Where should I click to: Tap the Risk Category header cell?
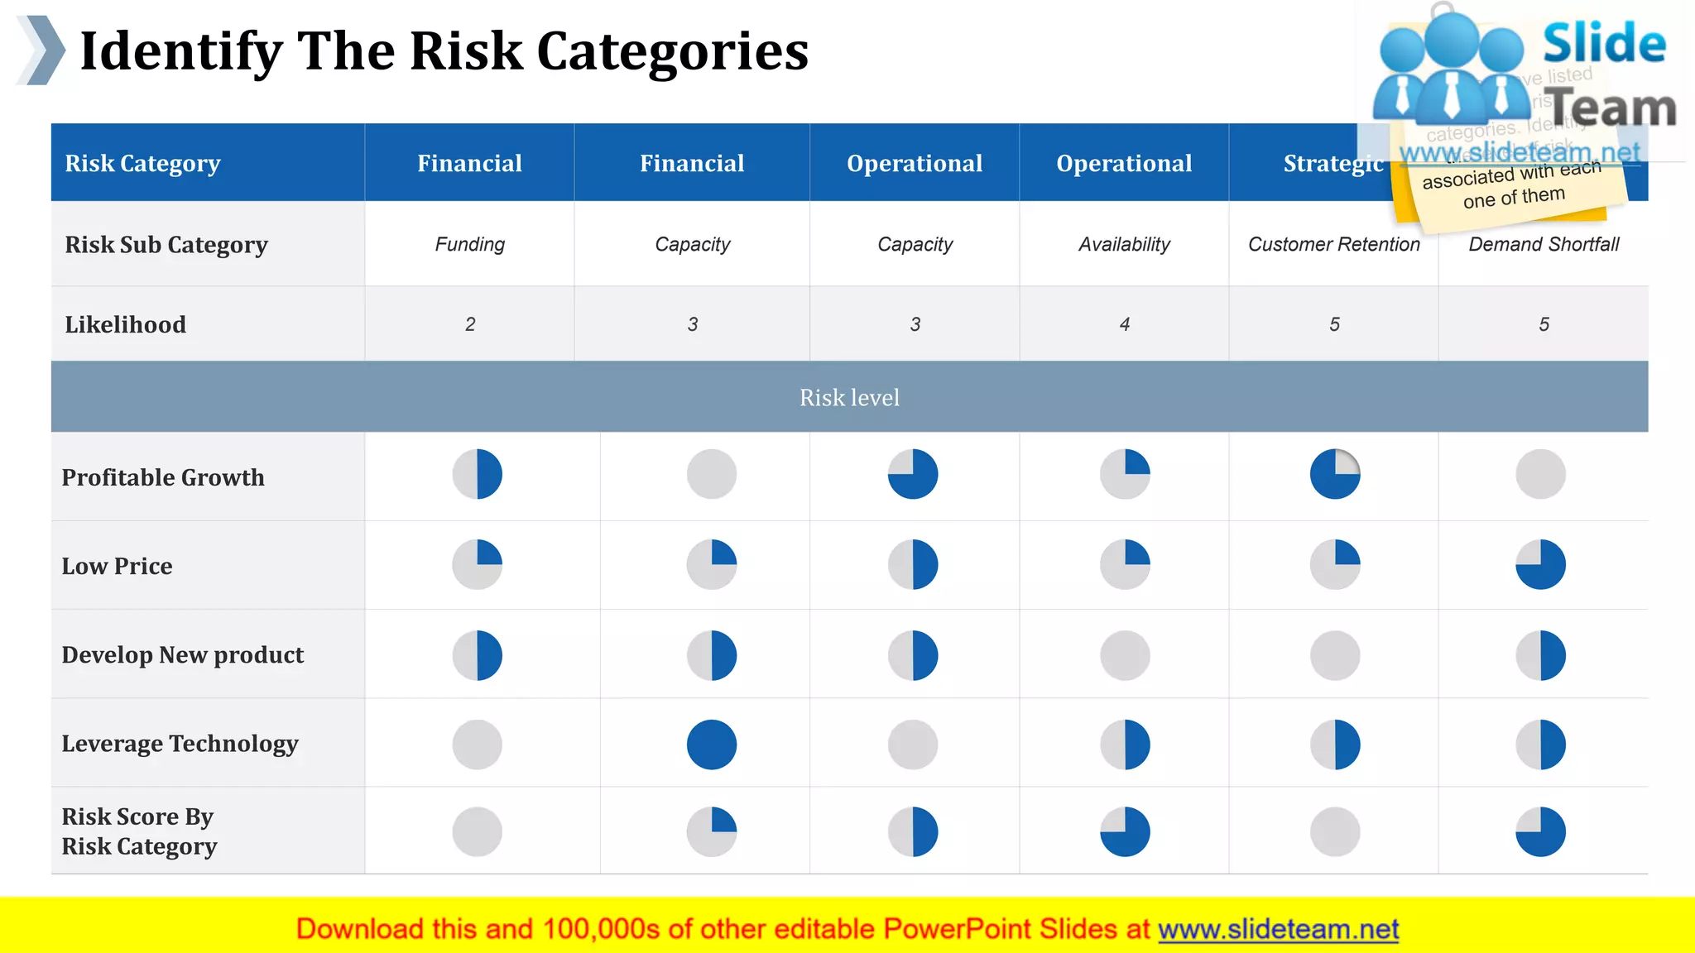[142, 163]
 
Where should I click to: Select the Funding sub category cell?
[469, 244]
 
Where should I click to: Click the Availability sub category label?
[1124, 244]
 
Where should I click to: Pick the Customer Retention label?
[1333, 244]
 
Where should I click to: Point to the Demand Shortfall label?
[1544, 244]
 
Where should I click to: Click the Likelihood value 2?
[470, 324]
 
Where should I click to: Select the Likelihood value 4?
[1124, 324]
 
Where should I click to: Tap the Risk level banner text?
[849, 398]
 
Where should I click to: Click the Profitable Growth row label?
[163, 477]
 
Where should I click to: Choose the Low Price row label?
[117, 566]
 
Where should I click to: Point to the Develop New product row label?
[182, 654]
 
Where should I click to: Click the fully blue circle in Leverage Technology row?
[711, 745]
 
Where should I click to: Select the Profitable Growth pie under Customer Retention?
[1334, 474]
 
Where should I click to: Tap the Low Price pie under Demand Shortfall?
[1540, 564]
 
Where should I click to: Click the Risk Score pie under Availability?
[1125, 831]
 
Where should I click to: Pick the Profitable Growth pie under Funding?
[477, 474]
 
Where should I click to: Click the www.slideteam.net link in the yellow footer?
[1278, 929]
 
